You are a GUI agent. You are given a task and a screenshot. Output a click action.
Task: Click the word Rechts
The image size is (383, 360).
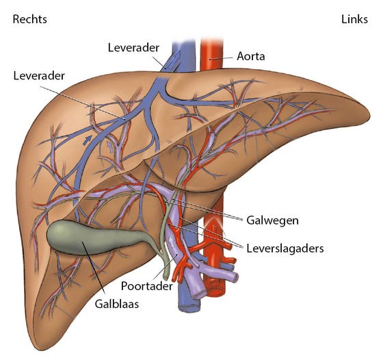point(30,19)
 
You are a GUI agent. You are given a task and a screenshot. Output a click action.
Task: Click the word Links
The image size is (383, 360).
point(354,19)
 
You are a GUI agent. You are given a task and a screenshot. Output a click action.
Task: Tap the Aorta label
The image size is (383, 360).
point(251,56)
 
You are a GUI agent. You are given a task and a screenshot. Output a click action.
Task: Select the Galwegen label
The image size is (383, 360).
point(272,220)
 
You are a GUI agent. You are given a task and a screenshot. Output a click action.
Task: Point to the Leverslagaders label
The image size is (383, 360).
point(285,248)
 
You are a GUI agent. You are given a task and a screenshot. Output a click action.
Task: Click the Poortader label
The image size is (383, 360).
point(147,286)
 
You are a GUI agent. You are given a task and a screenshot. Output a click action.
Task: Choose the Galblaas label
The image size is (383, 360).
point(117,304)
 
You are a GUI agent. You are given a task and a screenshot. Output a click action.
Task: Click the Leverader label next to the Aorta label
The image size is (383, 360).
point(133,48)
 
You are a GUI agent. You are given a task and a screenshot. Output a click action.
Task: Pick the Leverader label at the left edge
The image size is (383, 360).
point(39,76)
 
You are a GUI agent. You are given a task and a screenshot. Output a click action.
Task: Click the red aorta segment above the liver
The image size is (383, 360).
point(211,54)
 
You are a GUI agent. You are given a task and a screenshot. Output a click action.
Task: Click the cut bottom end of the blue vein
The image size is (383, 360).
point(189,307)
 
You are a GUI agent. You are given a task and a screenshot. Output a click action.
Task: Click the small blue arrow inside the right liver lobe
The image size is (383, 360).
point(87,140)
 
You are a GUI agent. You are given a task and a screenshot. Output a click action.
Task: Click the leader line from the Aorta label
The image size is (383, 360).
point(222,58)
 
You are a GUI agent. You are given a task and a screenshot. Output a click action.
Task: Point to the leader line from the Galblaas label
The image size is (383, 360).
point(94,268)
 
